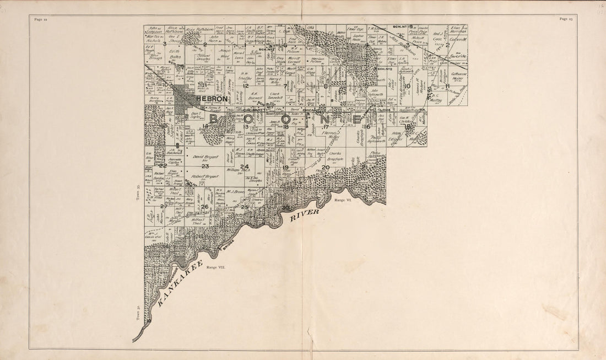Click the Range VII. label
(x=216, y=267)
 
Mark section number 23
(x=205, y=166)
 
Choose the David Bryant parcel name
(x=203, y=157)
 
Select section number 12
(x=246, y=85)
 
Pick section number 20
(x=326, y=167)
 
